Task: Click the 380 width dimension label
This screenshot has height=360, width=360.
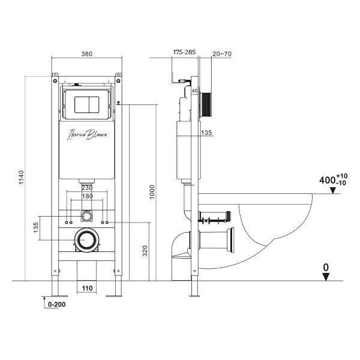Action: click(x=87, y=54)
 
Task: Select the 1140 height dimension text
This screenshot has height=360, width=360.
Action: click(x=21, y=177)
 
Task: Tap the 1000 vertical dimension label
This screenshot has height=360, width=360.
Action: click(x=152, y=192)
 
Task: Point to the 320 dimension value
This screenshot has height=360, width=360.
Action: click(x=145, y=251)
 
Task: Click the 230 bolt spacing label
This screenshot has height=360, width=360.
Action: click(x=87, y=188)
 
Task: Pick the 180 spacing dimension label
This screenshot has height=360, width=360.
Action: click(x=87, y=196)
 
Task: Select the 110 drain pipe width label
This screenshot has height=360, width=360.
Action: click(x=87, y=288)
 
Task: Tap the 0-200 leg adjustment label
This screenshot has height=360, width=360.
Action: click(x=57, y=304)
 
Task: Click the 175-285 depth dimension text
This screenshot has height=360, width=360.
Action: click(x=184, y=52)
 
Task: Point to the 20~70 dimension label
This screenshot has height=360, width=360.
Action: click(x=222, y=54)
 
